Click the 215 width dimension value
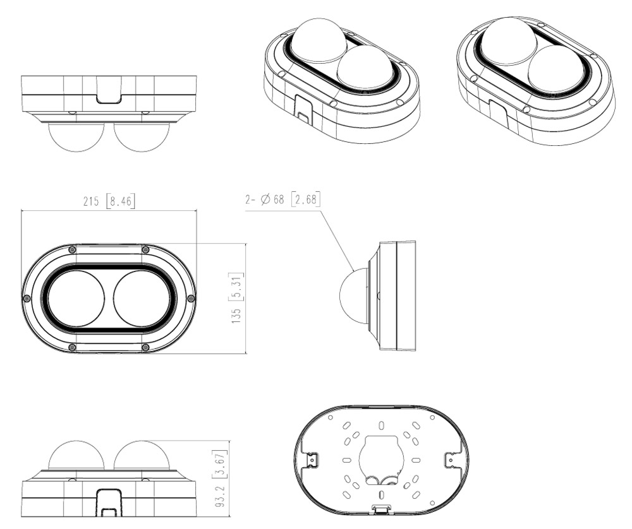pyautogui.click(x=90, y=201)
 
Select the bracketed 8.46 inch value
pyautogui.click(x=121, y=201)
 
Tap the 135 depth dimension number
pyautogui.click(x=236, y=315)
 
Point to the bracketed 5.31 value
pyautogui.click(x=236, y=287)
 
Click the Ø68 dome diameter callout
pyautogui.click(x=272, y=199)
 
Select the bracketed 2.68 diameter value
pyautogui.click(x=305, y=199)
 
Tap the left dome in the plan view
pyautogui.click(x=76, y=299)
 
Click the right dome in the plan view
pyautogui.click(x=142, y=299)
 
